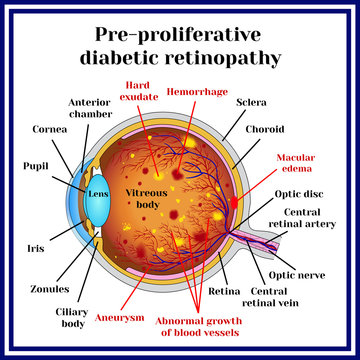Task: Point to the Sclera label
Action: [250, 101]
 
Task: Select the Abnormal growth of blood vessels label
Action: [203, 326]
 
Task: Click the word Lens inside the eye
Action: [98, 193]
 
